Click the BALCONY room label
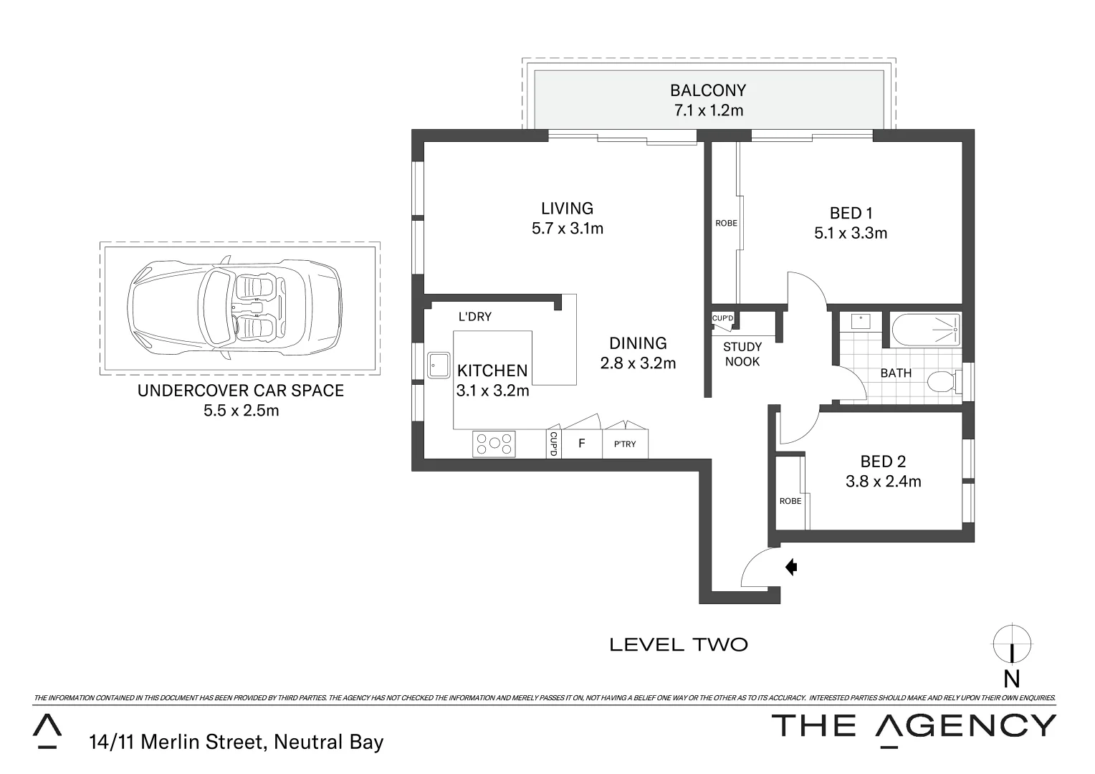point(707,90)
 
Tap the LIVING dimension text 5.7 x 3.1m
point(567,229)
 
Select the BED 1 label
point(851,213)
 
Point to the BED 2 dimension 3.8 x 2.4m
point(883,482)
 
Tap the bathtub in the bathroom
point(925,330)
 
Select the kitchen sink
point(438,365)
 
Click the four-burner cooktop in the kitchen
point(494,444)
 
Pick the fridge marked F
point(581,444)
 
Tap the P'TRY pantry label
point(625,444)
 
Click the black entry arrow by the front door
point(791,568)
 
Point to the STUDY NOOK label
point(742,354)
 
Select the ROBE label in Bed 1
point(726,223)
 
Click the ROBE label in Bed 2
point(790,501)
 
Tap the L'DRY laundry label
point(474,317)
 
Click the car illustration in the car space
point(234,307)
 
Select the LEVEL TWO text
point(678,645)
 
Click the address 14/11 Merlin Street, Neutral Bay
point(236,742)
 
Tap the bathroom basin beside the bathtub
point(860,321)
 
